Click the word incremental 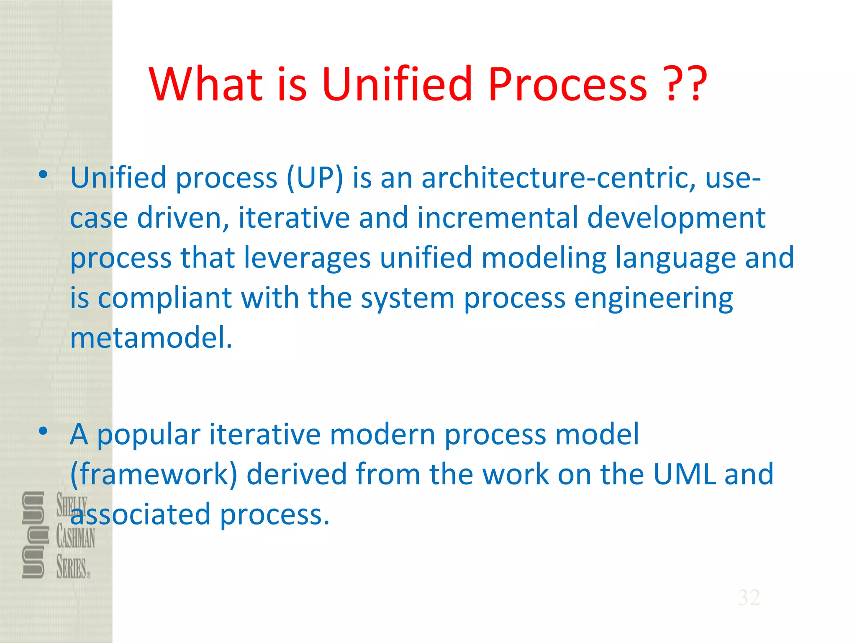pyautogui.click(x=498, y=218)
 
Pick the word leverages pyautogui.click(x=307, y=258)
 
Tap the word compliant pyautogui.click(x=164, y=298)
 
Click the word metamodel pyautogui.click(x=151, y=338)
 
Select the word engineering pyautogui.click(x=653, y=298)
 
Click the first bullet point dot pyautogui.click(x=43, y=175)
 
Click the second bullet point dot pyautogui.click(x=43, y=431)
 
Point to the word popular pyautogui.click(x=149, y=435)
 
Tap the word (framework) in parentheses pyautogui.click(x=154, y=475)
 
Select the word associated pyautogui.click(x=140, y=514)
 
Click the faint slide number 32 pyautogui.click(x=749, y=597)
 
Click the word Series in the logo pyautogui.click(x=72, y=568)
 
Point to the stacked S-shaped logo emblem pyautogui.click(x=33, y=535)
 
